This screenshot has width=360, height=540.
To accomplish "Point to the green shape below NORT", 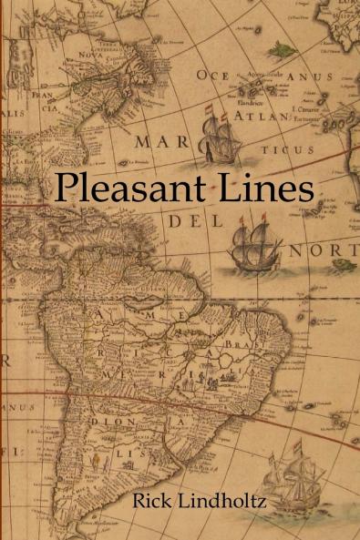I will pyautogui.click(x=343, y=265).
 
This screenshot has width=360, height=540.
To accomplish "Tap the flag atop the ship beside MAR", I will pyautogui.click(x=208, y=114).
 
